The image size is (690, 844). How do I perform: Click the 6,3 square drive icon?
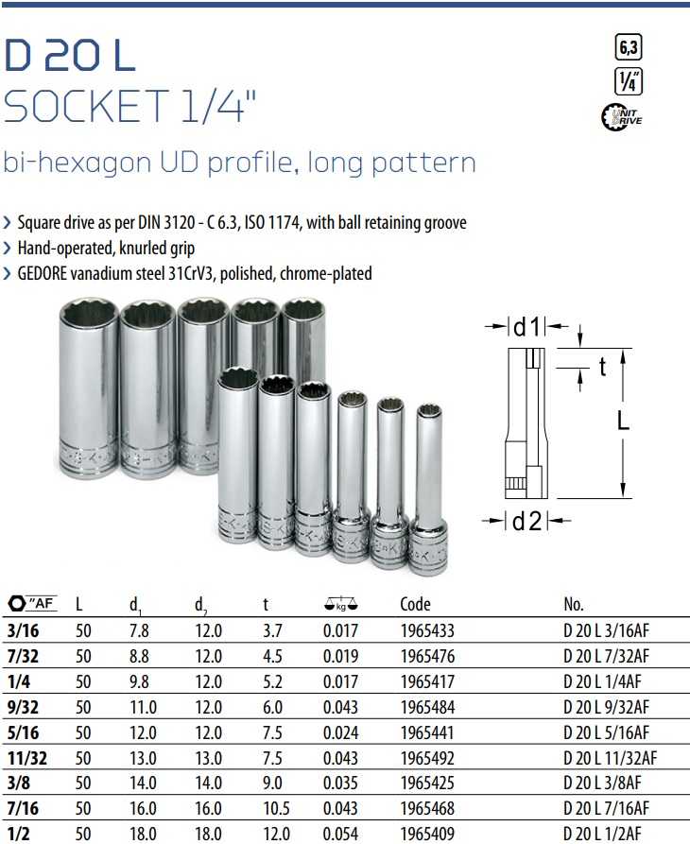629,47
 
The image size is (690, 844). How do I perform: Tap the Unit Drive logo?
622,116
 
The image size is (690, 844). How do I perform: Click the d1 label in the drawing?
526,327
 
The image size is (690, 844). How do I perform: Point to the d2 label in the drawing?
526,521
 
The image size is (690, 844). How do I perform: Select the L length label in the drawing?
623,421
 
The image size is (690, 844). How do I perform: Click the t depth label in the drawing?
603,367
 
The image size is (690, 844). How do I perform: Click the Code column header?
415,604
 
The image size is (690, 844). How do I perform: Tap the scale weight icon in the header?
341,605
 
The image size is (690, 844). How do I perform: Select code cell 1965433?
427,630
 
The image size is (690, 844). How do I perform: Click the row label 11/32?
26,758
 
